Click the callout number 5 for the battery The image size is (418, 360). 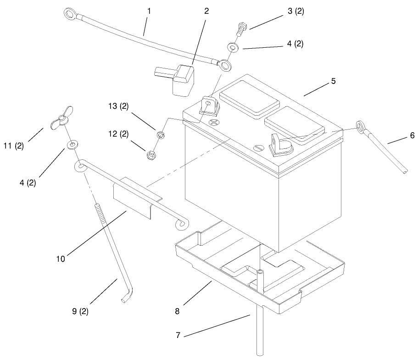pyautogui.click(x=334, y=81)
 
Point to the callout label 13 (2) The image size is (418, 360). pyautogui.click(x=118, y=106)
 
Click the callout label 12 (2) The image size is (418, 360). pyautogui.click(x=118, y=134)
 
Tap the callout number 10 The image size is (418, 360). pyautogui.click(x=61, y=259)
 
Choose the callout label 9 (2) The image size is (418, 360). pyautogui.click(x=80, y=311)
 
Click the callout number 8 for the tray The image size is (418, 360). pyautogui.click(x=177, y=311)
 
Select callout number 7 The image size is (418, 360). pyautogui.click(x=178, y=335)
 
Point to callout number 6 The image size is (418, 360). pyautogui.click(x=412, y=135)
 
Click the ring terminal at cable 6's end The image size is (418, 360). pyautogui.click(x=361, y=127)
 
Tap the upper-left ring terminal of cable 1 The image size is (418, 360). pyautogui.click(x=70, y=14)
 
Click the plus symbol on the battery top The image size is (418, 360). pyautogui.click(x=214, y=123)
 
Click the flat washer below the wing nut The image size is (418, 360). pyautogui.click(x=72, y=145)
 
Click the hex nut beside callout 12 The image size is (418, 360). pyautogui.click(x=151, y=155)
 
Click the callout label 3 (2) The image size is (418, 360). pyautogui.click(x=295, y=11)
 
